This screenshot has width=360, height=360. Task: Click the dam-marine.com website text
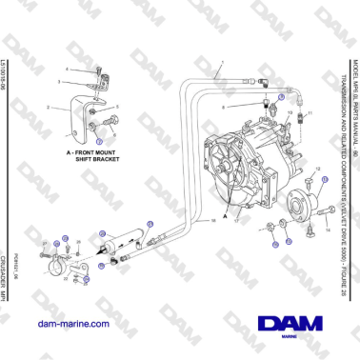coord(82,325)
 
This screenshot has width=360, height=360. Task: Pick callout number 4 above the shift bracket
coord(68,70)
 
